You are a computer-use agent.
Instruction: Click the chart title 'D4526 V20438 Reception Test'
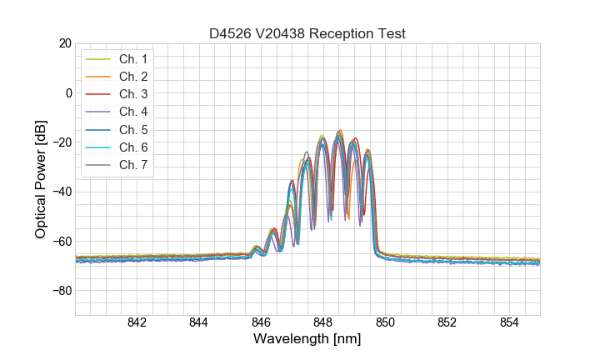pos(307,33)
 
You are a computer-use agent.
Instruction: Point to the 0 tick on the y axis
pos(68,92)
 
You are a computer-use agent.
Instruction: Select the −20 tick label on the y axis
pos(62,142)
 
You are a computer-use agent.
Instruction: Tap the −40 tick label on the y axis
pos(62,192)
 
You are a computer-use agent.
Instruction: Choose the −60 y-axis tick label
pos(62,241)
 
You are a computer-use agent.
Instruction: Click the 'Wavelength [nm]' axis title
pos(307,340)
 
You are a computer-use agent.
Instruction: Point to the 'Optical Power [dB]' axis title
pos(41,179)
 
